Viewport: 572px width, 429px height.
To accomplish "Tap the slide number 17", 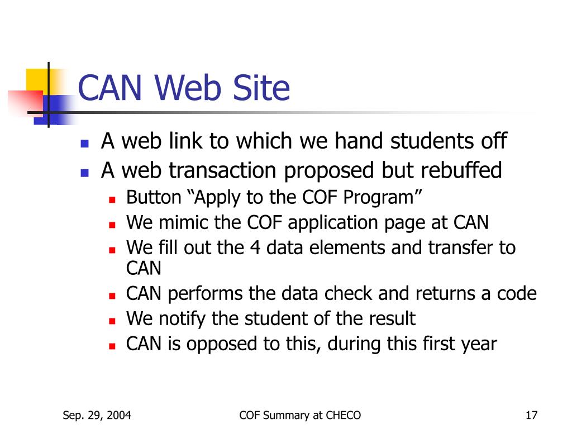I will click(531, 415).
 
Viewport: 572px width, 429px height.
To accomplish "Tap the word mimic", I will click(184, 223).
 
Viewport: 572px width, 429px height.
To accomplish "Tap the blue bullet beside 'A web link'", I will click(84, 143).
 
